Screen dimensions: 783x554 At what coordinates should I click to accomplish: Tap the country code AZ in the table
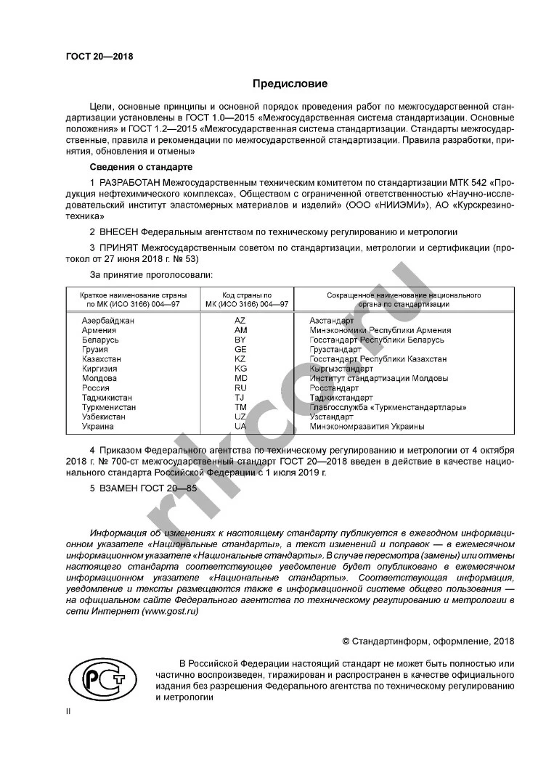click(x=240, y=321)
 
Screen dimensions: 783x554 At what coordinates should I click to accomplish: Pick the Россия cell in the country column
click(x=96, y=388)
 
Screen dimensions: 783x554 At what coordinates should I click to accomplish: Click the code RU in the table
click(x=240, y=388)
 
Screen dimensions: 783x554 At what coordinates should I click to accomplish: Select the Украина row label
click(x=98, y=427)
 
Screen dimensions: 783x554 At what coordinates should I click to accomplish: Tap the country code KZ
click(x=240, y=359)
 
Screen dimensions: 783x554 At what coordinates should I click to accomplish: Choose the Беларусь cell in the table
click(x=100, y=340)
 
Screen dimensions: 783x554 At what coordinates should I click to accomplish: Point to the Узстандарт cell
click(x=331, y=417)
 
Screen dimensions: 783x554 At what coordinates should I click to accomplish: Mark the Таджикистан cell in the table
click(x=107, y=398)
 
